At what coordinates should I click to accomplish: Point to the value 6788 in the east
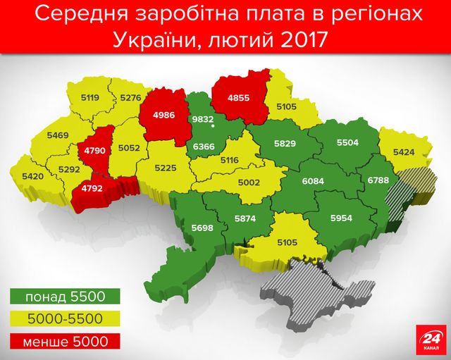pyautogui.click(x=377, y=180)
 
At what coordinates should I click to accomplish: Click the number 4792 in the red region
pyautogui.click(x=92, y=188)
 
